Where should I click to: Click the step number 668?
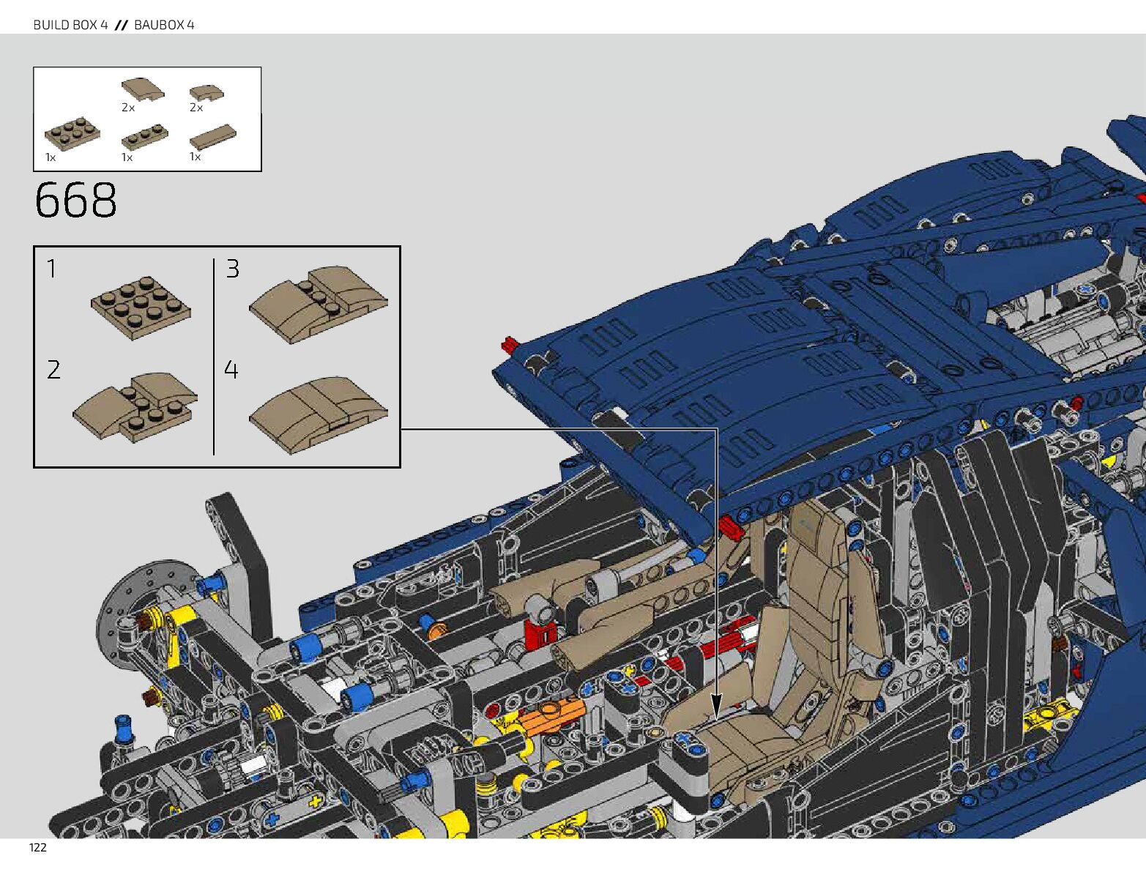75,201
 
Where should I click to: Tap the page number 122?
38,848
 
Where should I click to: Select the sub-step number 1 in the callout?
51,269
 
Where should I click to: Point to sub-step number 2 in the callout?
53,370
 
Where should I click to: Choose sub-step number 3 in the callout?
232,269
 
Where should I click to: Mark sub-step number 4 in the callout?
231,370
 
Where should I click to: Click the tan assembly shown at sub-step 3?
319,304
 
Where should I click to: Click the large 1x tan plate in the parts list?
72,133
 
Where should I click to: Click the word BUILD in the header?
54,25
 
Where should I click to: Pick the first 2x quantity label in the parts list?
128,108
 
